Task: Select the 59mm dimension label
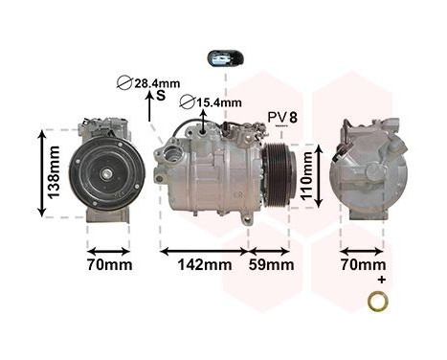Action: point(271,265)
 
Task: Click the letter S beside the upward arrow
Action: point(161,96)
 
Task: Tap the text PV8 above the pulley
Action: point(282,117)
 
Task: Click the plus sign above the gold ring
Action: point(380,280)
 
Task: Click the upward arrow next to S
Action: point(149,107)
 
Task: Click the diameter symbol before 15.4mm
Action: point(188,102)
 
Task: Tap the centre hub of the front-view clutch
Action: point(108,172)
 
